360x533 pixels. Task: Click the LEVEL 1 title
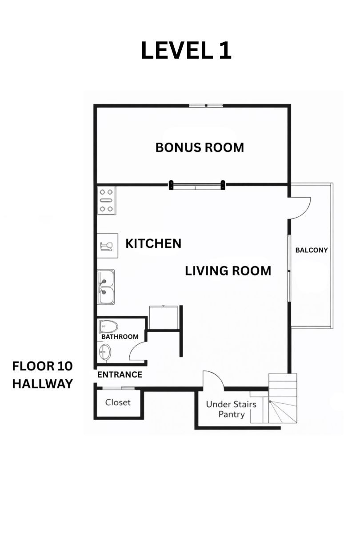[x=186, y=50]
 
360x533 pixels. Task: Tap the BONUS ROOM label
[x=200, y=147]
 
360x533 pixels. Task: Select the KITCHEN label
[x=153, y=243]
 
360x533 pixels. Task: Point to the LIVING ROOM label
[x=228, y=271]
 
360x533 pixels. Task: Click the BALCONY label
[x=312, y=250]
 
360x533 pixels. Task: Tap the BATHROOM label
[x=120, y=337]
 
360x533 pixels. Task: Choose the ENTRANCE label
[x=120, y=375]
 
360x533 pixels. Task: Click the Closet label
[x=118, y=402]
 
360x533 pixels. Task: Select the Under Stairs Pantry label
[x=231, y=409]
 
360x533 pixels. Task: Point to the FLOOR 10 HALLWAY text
[x=42, y=375]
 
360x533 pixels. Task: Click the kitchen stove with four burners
[x=106, y=200]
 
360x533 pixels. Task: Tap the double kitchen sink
[x=106, y=287]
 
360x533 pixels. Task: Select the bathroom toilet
[x=108, y=327]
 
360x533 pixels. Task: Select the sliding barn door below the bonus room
[x=197, y=185]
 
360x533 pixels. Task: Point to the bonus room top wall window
[x=206, y=105]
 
